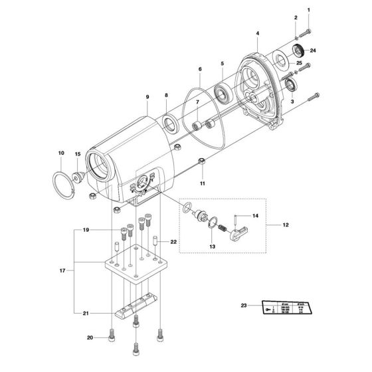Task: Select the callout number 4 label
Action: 257,33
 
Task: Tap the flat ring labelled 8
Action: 169,124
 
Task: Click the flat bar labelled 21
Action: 136,312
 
